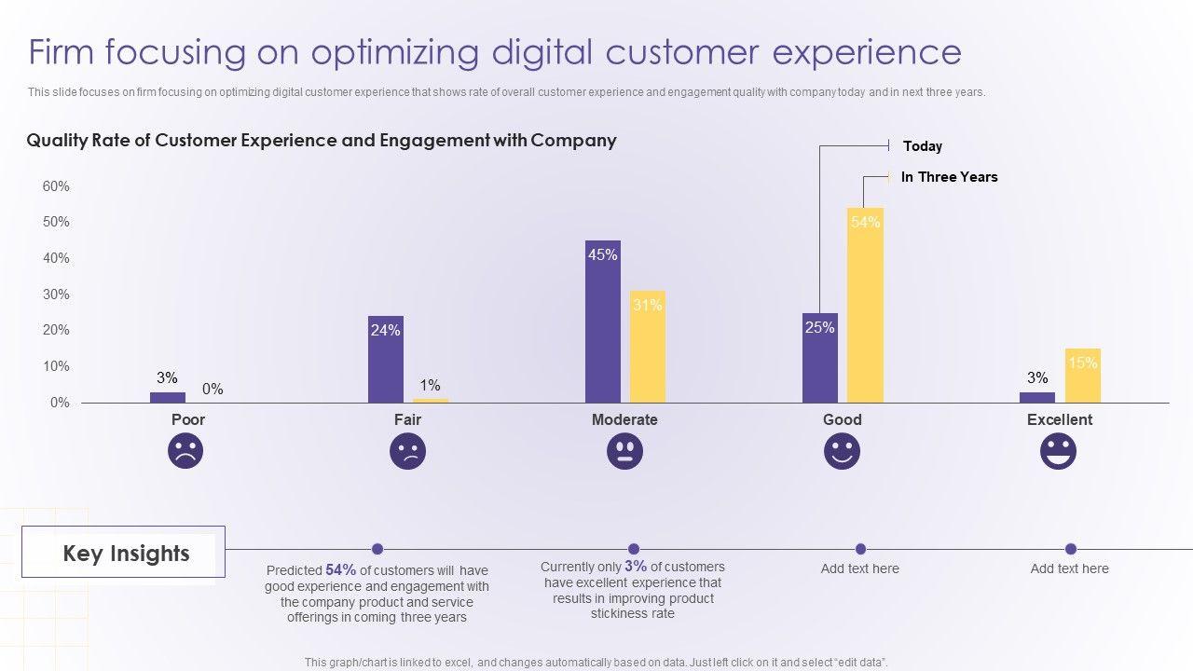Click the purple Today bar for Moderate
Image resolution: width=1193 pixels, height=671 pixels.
(603, 322)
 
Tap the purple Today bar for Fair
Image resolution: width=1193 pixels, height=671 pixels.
(385, 359)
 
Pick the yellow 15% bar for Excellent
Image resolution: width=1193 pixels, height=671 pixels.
(1082, 376)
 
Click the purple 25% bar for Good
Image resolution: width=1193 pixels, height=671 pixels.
(819, 358)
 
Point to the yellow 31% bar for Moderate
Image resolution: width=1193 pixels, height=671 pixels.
(648, 347)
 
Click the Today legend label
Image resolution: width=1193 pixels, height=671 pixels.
(923, 146)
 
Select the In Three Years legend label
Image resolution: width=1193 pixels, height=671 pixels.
(949, 177)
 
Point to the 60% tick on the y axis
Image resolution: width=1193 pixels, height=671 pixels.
(56, 186)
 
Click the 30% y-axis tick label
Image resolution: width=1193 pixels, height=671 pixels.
(56, 294)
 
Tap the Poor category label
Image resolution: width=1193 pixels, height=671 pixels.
(187, 419)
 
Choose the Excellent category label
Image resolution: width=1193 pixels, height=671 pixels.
(1059, 419)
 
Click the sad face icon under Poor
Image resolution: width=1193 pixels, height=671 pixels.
(185, 452)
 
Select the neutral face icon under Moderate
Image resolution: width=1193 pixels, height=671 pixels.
(624, 452)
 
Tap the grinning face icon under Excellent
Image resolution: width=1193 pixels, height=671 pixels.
(1058, 452)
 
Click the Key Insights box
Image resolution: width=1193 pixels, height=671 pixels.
(124, 553)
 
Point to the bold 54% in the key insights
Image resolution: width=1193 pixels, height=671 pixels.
(341, 570)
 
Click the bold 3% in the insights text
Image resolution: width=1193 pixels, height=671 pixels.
(636, 567)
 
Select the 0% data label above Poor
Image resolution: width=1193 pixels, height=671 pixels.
(213, 389)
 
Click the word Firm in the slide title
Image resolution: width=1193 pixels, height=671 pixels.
(62, 52)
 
